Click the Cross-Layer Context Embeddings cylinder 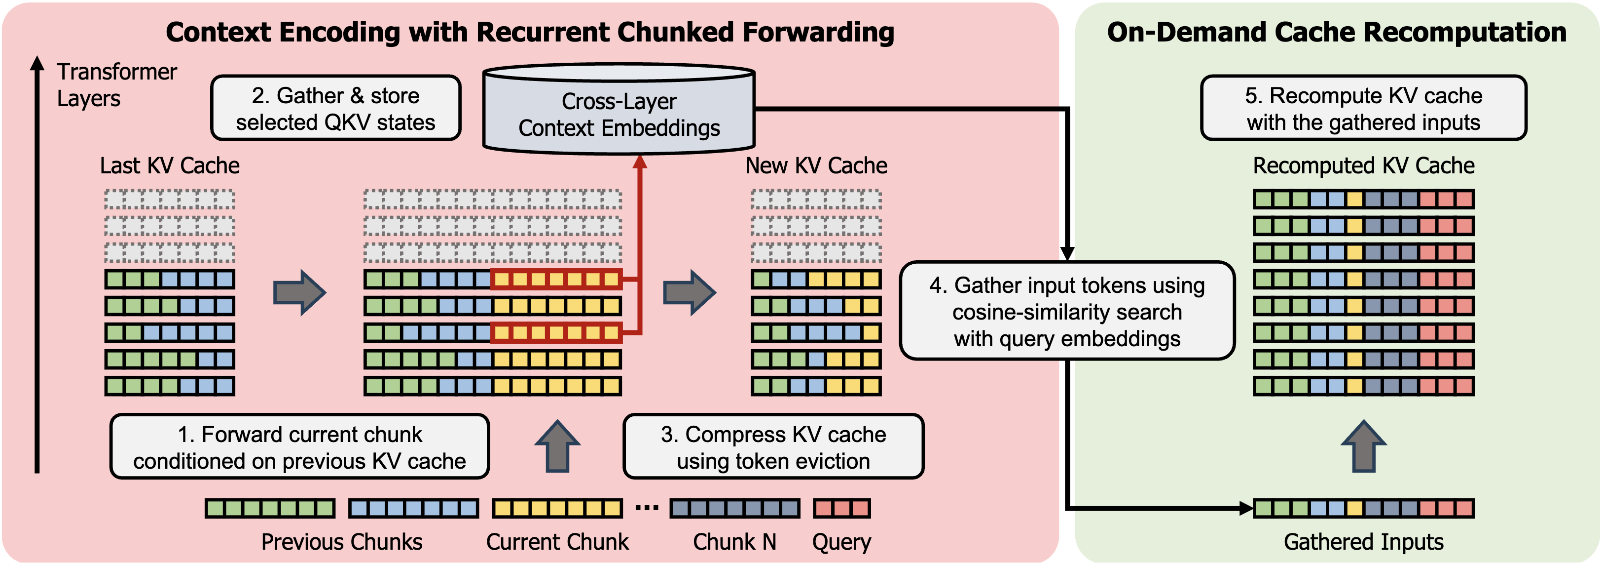[619, 109]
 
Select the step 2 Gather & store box [336, 108]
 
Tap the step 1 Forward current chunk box [299, 446]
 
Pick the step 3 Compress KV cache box [773, 446]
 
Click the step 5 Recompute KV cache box [1363, 108]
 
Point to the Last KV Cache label [170, 166]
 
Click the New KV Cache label [816, 166]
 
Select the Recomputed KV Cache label [1363, 166]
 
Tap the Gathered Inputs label [1363, 542]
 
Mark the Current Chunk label [557, 542]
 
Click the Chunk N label [735, 542]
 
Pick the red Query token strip [842, 508]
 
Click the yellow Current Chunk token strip [557, 508]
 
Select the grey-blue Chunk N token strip [735, 508]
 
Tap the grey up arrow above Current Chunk [557, 446]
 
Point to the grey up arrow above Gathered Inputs [1363, 446]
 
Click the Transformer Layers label [117, 85]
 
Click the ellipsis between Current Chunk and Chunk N [647, 508]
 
